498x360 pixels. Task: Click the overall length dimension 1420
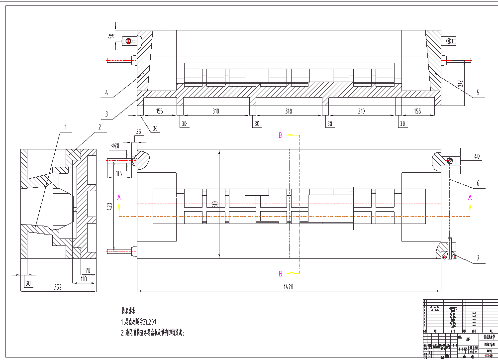coord(288,287)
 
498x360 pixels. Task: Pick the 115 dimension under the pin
coord(119,173)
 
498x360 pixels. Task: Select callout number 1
coord(65,127)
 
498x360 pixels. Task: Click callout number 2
coord(99,127)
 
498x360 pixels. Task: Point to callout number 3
coord(106,114)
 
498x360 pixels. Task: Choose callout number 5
coord(478,93)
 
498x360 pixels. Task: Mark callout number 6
coord(478,183)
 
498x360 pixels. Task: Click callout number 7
coord(478,258)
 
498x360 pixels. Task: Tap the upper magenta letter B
coord(281,135)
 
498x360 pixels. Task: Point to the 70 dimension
coord(88,271)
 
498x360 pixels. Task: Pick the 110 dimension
coord(84,279)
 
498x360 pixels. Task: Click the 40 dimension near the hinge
coord(477,157)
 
